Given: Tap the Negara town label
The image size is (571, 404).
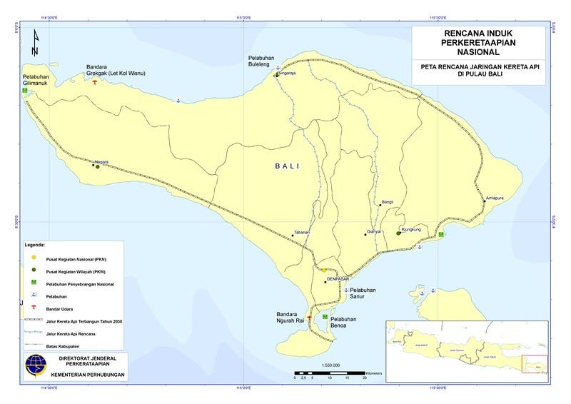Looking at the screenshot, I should click(x=101, y=162).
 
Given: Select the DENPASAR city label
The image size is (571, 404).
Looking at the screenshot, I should click(x=338, y=279).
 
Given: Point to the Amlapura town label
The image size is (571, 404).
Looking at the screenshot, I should click(x=495, y=198).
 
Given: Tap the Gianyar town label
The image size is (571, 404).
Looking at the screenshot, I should click(x=375, y=232).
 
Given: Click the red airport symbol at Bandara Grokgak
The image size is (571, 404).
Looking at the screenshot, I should click(x=95, y=83).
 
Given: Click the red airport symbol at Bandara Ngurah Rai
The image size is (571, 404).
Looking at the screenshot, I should click(x=309, y=318).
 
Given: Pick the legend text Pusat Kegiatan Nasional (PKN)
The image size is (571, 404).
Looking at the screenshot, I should click(x=80, y=259).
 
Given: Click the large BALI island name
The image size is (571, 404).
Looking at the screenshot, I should click(x=287, y=166).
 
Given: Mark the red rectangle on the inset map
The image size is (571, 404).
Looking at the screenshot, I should click(x=534, y=364).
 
